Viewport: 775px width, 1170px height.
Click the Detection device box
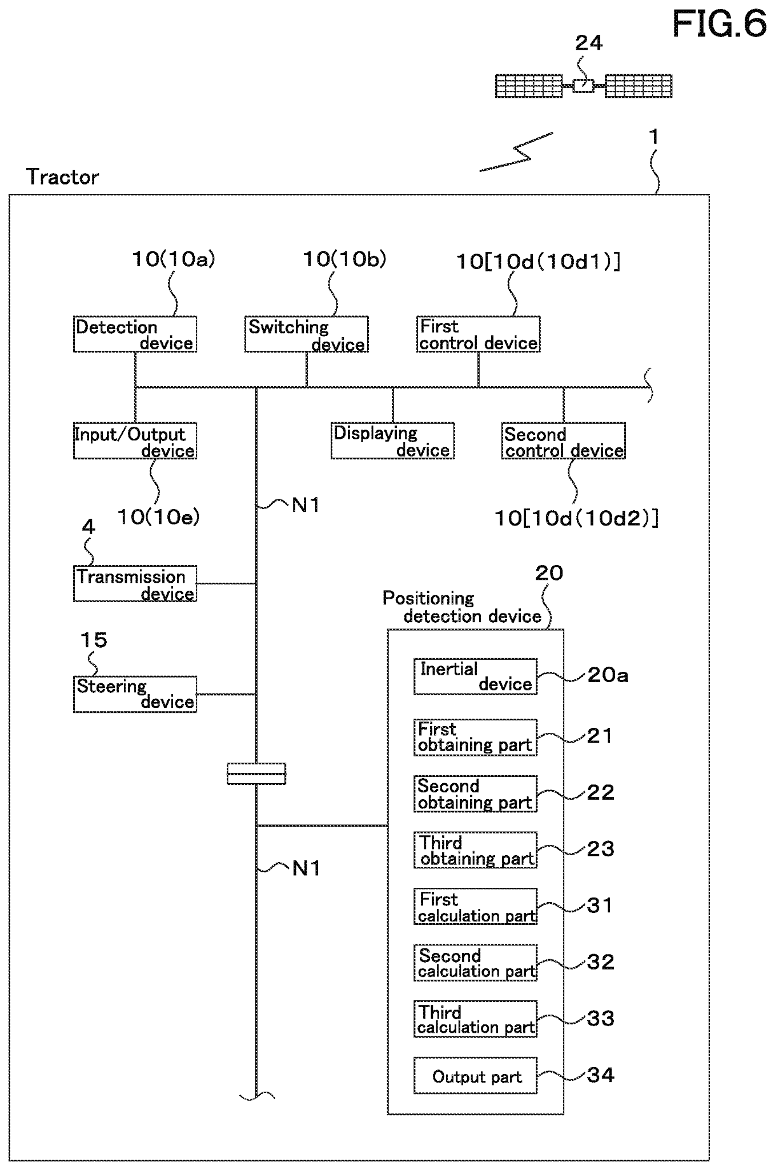tap(135, 334)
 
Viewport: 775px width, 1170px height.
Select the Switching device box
tap(306, 334)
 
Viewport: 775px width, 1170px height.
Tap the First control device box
tap(478, 334)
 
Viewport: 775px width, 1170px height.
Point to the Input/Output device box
tap(135, 441)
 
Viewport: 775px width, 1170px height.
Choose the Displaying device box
tap(392, 441)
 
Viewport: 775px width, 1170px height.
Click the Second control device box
tap(563, 441)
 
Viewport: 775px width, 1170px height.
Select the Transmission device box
tap(135, 584)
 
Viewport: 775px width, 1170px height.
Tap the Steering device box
tap(135, 694)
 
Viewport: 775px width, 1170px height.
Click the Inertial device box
tap(475, 676)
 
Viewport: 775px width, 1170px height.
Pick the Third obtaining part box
tap(475, 850)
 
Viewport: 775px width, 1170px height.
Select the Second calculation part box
tap(475, 963)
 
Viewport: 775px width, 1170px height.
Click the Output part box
tap(475, 1076)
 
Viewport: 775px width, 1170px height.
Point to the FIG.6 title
tap(718, 24)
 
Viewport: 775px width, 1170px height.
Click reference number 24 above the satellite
tap(588, 43)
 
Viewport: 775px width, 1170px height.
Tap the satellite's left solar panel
tap(528, 86)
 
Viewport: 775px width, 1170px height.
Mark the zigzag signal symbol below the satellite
tap(517, 153)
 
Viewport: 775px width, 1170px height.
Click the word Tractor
tap(62, 177)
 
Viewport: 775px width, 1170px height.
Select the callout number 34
tap(600, 1075)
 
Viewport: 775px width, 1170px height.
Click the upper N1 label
tap(306, 505)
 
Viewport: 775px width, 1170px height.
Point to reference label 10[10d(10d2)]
tap(576, 519)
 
